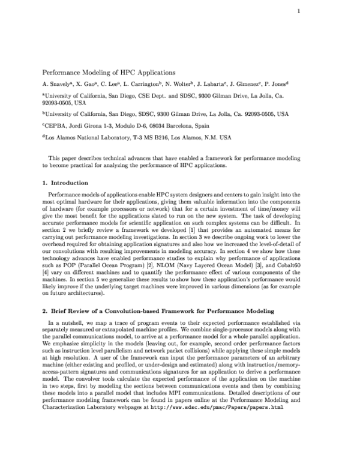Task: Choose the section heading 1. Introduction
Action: (65, 183)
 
